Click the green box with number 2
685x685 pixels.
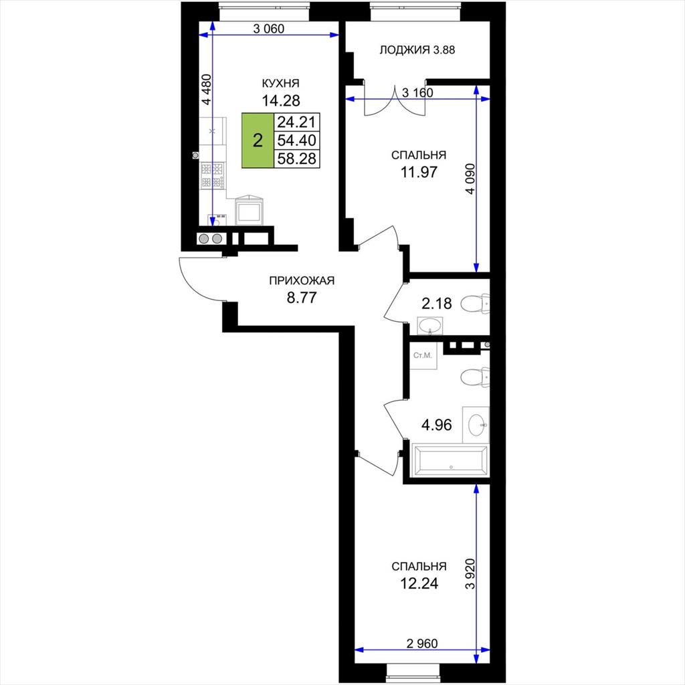point(258,140)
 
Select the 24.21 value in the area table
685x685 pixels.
point(296,122)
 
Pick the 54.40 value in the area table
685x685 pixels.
point(296,140)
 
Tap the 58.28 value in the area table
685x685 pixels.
point(296,158)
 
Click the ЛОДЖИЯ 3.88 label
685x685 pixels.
point(417,50)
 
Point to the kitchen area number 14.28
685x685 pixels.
point(281,101)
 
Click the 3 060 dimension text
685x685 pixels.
point(269,29)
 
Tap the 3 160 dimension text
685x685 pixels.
point(417,92)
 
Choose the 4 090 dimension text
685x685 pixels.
point(470,179)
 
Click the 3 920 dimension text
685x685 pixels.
point(470,573)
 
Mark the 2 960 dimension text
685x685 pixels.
point(422,644)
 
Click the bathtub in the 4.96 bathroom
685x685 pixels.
point(450,460)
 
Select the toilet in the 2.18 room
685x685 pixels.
point(475,303)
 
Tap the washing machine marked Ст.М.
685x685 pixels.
point(423,356)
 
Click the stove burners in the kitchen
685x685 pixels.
point(212,176)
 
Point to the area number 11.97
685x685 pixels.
point(419,172)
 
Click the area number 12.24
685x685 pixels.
point(419,583)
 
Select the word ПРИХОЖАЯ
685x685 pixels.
point(302,280)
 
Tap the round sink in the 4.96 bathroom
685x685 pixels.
point(476,423)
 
